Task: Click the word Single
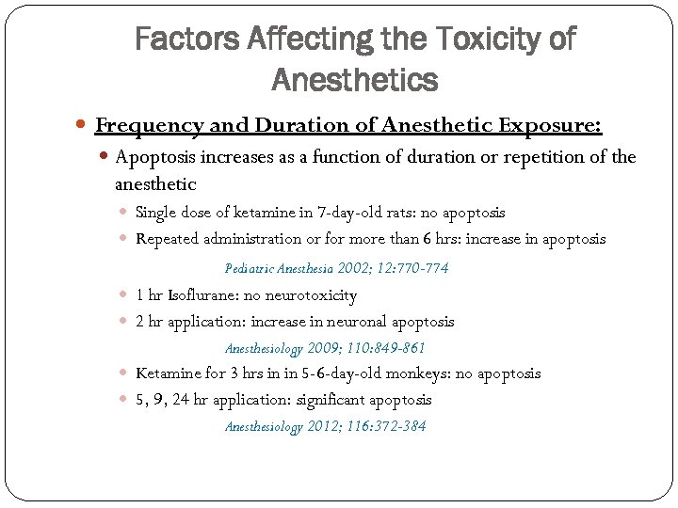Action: coord(155,213)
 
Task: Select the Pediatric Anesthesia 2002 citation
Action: coord(336,268)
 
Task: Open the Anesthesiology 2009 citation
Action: coord(325,348)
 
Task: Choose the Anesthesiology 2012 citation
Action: coord(325,426)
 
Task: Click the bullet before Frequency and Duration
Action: coord(85,126)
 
